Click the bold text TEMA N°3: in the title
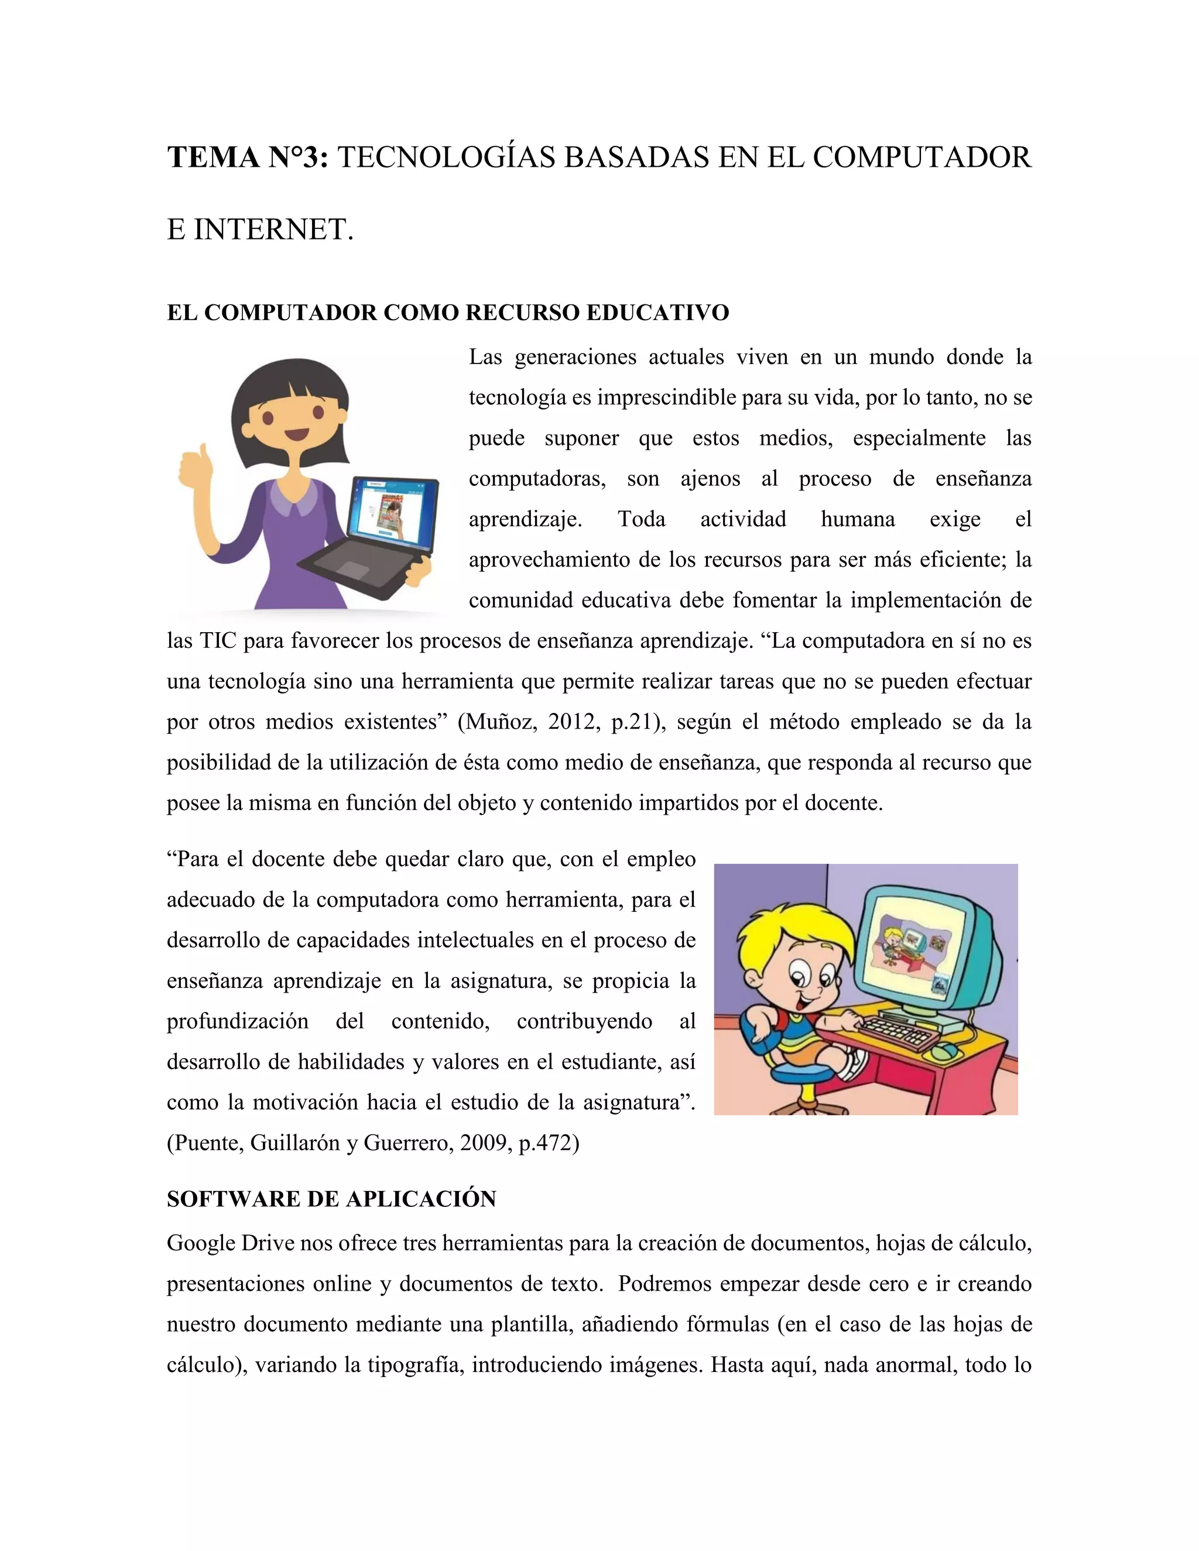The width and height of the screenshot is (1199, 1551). click(247, 157)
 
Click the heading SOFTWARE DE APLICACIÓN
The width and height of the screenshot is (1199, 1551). click(331, 1199)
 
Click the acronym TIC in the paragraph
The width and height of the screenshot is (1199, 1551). click(217, 641)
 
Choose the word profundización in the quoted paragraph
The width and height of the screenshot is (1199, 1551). click(237, 1021)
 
